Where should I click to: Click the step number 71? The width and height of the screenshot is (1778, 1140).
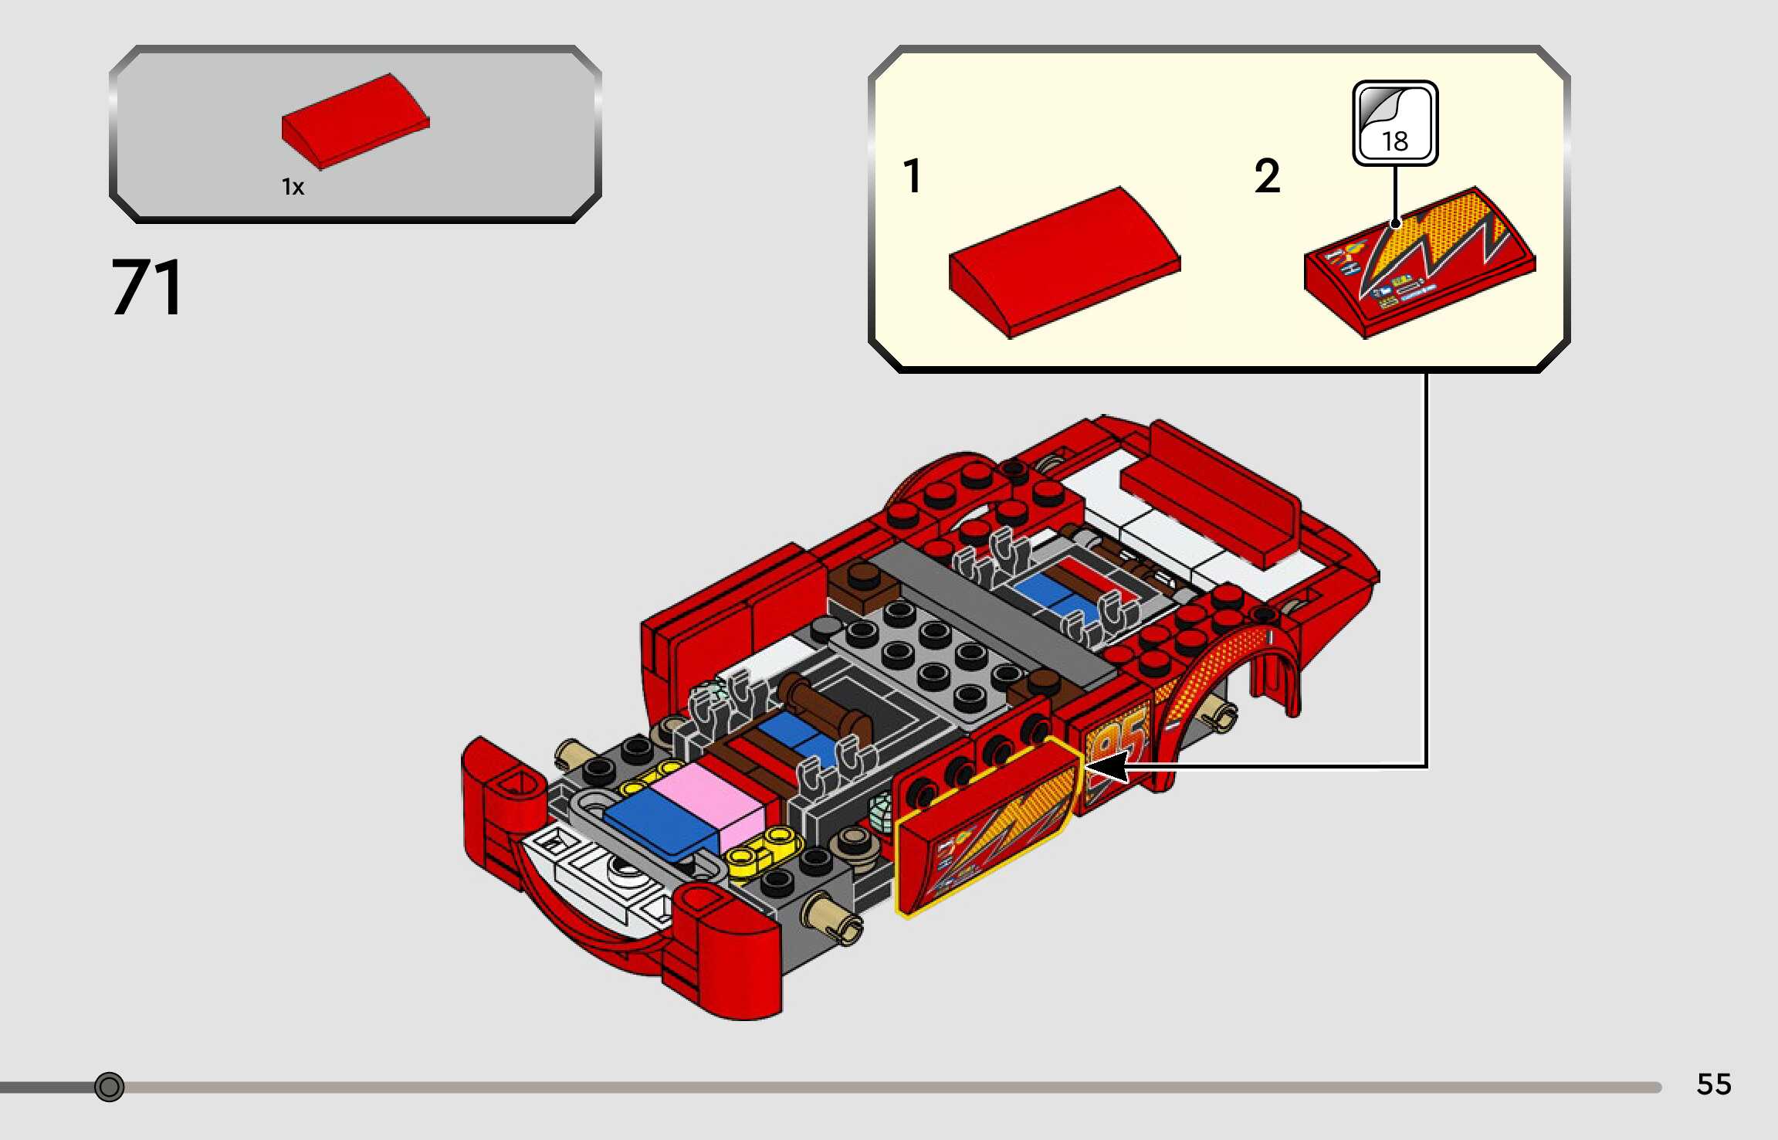pos(147,287)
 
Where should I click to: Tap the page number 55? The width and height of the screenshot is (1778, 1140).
pos(1714,1084)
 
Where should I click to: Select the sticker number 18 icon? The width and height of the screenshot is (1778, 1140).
pos(1395,123)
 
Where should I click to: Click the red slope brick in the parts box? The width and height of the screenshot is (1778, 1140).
pos(355,120)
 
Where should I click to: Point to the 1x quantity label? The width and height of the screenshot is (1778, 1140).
pos(293,187)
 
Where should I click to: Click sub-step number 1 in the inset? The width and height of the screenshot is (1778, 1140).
pos(913,175)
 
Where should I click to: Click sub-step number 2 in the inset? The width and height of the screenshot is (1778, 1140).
pos(1267,176)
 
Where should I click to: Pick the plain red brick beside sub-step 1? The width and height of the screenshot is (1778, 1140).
pos(1065,262)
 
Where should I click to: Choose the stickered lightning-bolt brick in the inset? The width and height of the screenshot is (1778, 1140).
pos(1420,262)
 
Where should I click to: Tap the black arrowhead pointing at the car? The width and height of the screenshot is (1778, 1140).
pos(1106,767)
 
